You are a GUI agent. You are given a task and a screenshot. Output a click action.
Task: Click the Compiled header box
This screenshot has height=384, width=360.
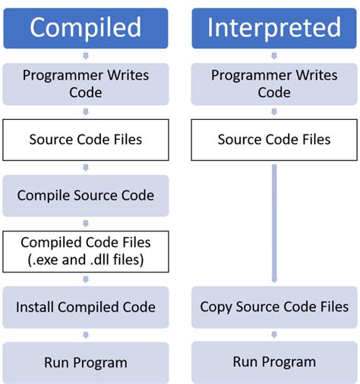[x=85, y=28]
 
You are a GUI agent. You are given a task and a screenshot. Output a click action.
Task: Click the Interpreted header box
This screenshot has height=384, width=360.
[x=274, y=28]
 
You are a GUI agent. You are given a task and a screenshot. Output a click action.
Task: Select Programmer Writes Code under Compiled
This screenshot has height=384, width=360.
[x=85, y=83]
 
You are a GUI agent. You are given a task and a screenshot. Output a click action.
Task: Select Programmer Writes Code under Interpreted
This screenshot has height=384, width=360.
[x=274, y=83]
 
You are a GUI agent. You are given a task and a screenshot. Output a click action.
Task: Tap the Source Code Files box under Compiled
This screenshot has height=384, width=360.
[x=85, y=140]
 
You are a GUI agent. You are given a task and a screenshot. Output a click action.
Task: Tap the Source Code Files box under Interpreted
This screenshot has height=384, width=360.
[x=274, y=140]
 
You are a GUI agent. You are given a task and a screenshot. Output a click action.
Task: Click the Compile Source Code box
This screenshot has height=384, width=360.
[x=85, y=195]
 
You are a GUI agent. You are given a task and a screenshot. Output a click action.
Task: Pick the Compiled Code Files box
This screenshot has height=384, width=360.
[x=85, y=251]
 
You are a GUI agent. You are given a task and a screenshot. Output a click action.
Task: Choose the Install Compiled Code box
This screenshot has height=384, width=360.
[x=85, y=307]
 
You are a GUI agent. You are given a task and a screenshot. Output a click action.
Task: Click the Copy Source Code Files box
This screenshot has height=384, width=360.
[x=274, y=307]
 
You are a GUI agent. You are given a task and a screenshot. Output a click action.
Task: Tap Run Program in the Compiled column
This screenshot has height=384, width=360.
[x=85, y=362]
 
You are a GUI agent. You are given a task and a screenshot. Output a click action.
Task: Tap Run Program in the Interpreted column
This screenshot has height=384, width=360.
[x=274, y=362]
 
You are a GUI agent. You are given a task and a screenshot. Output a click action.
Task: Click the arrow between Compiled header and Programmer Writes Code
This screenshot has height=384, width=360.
[x=85, y=56]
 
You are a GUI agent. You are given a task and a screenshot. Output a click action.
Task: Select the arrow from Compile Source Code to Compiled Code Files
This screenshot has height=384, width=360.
[x=85, y=223]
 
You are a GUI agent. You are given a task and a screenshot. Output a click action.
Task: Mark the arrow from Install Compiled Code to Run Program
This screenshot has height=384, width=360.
[x=85, y=335]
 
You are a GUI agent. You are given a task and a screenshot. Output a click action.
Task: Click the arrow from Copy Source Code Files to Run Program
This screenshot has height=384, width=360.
[x=274, y=335]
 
